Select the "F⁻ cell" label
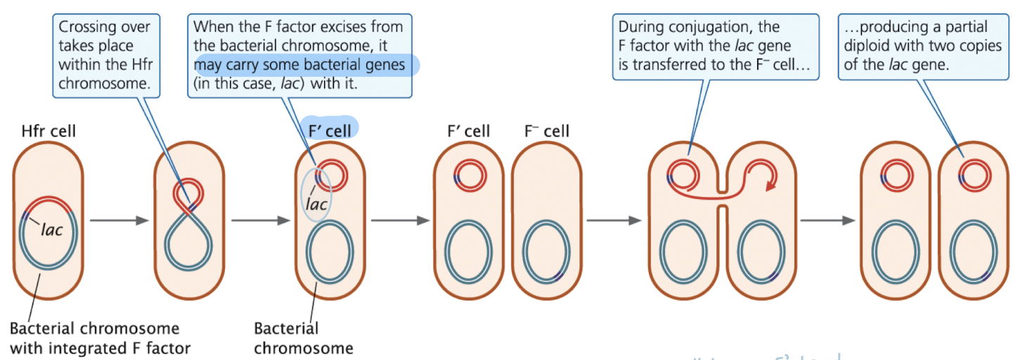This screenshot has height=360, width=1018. [547, 131]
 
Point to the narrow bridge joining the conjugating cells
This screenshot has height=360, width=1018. [722, 198]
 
